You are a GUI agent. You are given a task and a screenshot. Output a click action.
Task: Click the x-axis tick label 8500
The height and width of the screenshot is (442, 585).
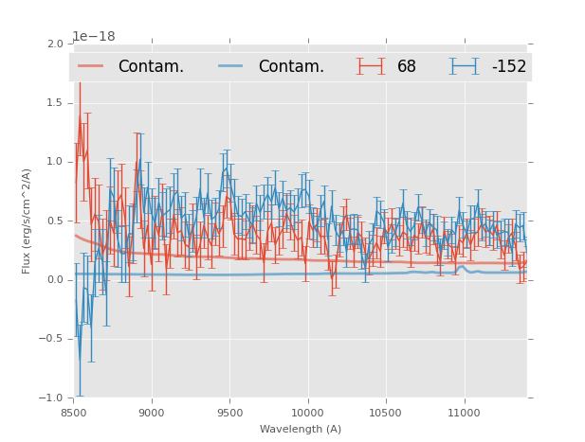click(74, 414)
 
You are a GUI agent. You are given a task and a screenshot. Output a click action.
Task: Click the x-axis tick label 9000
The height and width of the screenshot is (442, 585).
click(152, 414)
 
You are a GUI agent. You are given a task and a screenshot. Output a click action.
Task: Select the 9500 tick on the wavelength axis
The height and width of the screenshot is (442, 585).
click(229, 414)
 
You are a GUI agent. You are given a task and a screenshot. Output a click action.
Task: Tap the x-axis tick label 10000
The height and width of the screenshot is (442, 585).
click(307, 414)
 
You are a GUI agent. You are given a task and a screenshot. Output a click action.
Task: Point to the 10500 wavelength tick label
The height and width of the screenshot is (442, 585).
click(386, 414)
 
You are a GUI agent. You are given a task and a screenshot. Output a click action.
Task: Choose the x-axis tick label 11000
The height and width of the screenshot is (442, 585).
click(464, 414)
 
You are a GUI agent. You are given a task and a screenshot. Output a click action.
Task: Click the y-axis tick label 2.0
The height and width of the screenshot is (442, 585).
click(54, 44)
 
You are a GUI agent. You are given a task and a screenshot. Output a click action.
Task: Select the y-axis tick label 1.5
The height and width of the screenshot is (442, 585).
click(54, 103)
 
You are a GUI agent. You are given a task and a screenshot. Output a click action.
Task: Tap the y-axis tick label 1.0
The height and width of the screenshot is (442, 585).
click(54, 162)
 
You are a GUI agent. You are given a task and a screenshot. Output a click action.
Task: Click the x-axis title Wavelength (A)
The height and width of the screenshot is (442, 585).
click(301, 429)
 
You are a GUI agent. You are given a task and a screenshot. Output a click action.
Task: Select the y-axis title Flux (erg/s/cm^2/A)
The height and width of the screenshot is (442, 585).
click(27, 221)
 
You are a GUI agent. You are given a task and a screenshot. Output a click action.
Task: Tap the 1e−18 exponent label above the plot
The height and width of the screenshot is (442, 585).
click(94, 36)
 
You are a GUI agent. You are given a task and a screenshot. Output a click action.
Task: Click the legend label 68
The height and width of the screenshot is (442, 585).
click(407, 67)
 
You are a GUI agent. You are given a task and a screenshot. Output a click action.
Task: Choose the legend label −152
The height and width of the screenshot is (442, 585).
click(508, 67)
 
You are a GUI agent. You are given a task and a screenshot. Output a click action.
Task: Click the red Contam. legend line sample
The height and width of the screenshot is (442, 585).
click(91, 66)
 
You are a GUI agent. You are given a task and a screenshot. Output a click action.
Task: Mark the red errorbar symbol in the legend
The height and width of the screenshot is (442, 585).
click(372, 66)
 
